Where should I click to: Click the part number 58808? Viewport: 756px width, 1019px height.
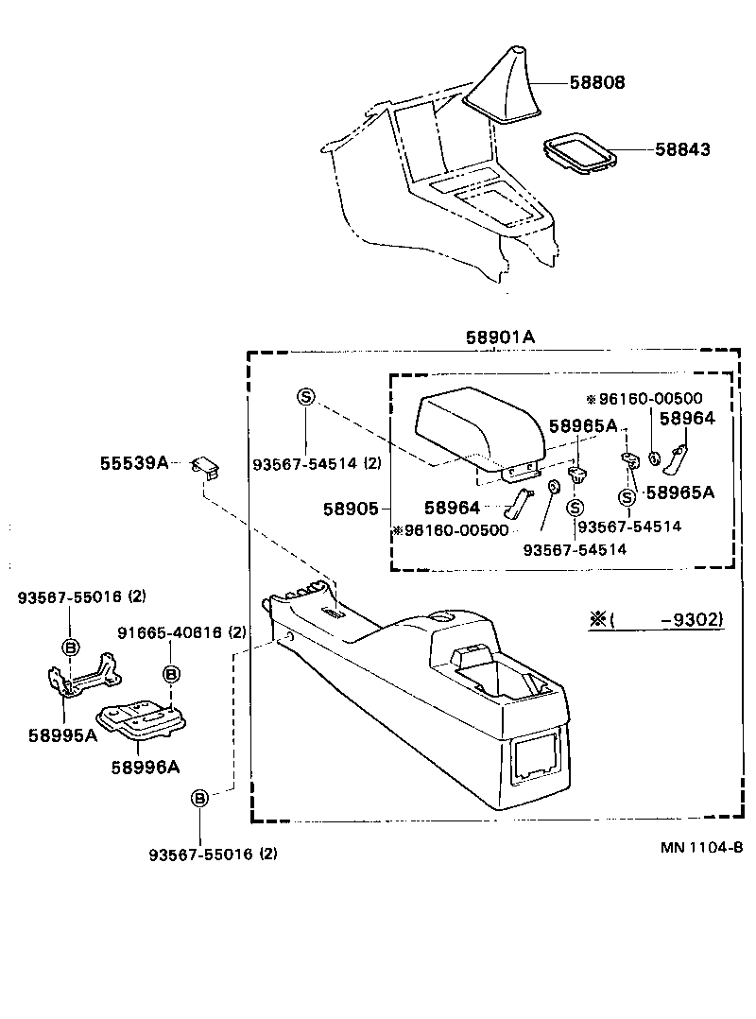click(596, 83)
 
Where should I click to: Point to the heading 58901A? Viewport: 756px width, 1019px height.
click(500, 337)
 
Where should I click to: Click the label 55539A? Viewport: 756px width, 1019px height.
click(133, 462)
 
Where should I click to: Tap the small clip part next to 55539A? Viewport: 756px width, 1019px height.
click(206, 465)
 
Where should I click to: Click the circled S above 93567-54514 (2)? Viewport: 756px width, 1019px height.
click(305, 396)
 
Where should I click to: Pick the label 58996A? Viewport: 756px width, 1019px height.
click(145, 767)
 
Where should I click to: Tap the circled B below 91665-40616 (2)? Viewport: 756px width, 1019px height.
click(171, 674)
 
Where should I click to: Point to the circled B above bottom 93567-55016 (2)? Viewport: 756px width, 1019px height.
click(200, 798)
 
